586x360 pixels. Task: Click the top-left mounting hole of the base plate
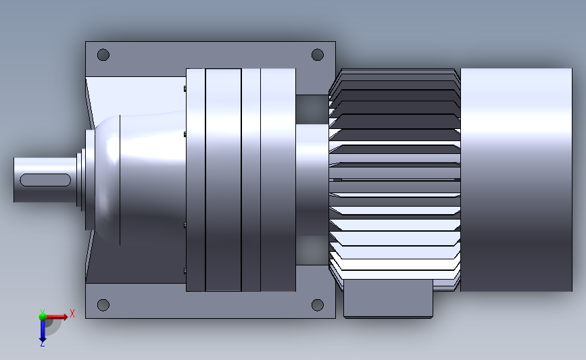[103, 55]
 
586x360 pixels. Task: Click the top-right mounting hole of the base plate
[317, 55]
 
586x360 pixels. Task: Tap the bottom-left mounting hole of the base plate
[103, 305]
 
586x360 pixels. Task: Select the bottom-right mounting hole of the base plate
[317, 305]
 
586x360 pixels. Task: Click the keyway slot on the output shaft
[45, 180]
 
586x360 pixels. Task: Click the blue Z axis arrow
[42, 330]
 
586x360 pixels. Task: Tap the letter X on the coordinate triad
[72, 313]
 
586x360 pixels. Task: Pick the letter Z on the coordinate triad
[42, 344]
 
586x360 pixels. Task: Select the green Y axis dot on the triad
[42, 315]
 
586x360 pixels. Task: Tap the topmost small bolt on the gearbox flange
[185, 88]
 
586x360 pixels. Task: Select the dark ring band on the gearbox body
[223, 180]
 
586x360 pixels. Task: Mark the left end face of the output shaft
[14, 180]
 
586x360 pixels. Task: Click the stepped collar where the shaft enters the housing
[80, 180]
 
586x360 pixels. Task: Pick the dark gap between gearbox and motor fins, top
[312, 108]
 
